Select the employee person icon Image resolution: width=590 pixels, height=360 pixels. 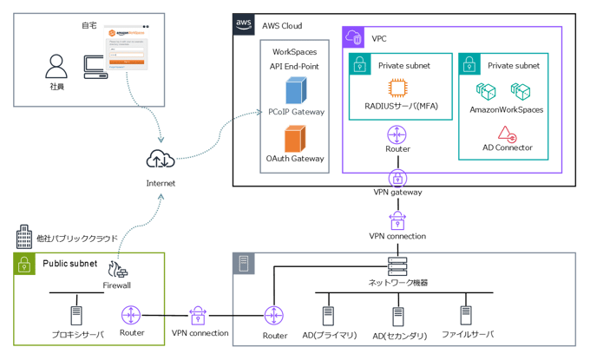point(56,66)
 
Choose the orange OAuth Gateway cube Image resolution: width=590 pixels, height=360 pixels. point(296,137)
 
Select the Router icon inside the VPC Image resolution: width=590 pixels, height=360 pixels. point(397,134)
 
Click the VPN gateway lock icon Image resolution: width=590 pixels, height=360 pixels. point(397,177)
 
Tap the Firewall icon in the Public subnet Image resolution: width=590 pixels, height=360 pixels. point(119,269)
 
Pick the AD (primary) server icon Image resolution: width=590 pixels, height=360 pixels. point(329,313)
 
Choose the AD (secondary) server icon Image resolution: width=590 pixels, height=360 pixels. point(399,313)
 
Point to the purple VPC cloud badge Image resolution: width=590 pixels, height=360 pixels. point(354,37)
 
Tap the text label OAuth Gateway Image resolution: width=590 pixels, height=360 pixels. point(296,159)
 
